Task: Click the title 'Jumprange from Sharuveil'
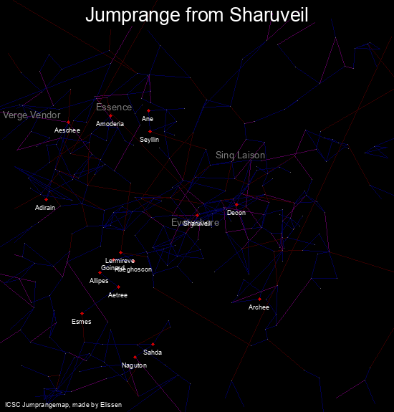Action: click(x=197, y=16)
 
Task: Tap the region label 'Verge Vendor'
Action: click(x=32, y=115)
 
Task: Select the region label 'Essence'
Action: click(x=114, y=107)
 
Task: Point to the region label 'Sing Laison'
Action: click(x=240, y=155)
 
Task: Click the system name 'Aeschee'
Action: click(x=67, y=130)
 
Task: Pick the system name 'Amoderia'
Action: click(x=110, y=124)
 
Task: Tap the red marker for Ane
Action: click(x=148, y=110)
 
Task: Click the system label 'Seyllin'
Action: click(x=149, y=140)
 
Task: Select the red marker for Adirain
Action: click(x=47, y=199)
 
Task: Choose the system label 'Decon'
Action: click(x=236, y=213)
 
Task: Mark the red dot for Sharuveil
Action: click(x=197, y=215)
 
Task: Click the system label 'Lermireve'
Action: click(x=120, y=260)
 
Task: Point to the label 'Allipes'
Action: click(x=99, y=281)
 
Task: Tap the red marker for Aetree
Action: click(x=118, y=287)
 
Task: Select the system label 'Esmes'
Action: click(x=82, y=322)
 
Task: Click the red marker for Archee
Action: click(x=259, y=299)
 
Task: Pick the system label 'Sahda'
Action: click(x=153, y=353)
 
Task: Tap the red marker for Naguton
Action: click(x=135, y=357)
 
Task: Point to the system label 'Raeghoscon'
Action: click(x=133, y=269)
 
